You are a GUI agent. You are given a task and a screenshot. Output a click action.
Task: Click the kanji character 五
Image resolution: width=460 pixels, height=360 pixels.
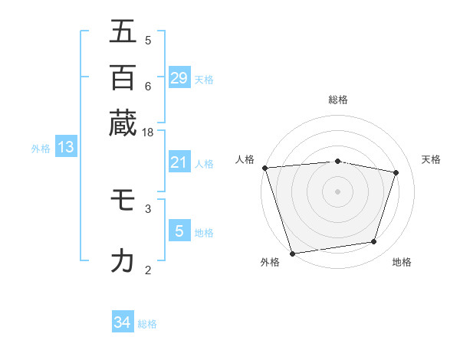(x=123, y=32)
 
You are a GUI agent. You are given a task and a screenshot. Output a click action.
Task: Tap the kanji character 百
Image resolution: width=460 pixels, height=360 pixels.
(x=123, y=77)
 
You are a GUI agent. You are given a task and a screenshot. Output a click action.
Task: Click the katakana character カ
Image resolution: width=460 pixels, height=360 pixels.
(x=123, y=261)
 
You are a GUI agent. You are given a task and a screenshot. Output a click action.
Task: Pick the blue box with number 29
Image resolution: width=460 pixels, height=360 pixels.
(x=179, y=78)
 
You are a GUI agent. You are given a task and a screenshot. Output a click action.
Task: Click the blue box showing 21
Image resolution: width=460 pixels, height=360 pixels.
(x=179, y=162)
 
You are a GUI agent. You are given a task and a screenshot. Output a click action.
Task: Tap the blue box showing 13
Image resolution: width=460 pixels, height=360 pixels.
(x=66, y=148)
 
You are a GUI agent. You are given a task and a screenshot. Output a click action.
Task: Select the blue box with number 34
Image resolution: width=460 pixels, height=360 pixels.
(x=123, y=322)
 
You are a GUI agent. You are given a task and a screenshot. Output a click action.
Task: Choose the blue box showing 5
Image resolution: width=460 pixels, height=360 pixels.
(x=179, y=231)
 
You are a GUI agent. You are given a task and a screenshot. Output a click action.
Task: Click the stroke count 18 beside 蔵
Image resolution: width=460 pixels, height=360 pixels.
(x=148, y=133)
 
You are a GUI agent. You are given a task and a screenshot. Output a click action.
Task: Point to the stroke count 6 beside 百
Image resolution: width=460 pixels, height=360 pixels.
(x=148, y=86)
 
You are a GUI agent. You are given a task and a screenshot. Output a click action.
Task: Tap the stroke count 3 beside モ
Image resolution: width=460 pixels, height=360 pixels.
(x=148, y=208)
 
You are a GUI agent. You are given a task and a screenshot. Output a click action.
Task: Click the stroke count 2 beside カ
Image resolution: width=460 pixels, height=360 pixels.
(x=148, y=270)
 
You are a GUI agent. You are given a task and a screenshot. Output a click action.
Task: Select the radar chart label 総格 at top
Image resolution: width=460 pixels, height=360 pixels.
(x=337, y=100)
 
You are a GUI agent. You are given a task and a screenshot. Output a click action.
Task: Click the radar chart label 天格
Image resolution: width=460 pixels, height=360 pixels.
(x=431, y=159)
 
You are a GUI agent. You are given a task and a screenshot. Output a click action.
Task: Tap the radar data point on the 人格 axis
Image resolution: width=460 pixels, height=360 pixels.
(x=264, y=168)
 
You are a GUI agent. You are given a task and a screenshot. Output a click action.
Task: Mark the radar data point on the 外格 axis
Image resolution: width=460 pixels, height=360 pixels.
(x=292, y=253)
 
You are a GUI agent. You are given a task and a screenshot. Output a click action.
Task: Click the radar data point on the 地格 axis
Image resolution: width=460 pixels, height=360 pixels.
(x=374, y=242)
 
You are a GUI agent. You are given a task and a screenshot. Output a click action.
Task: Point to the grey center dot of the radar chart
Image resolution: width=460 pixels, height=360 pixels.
(x=337, y=191)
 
